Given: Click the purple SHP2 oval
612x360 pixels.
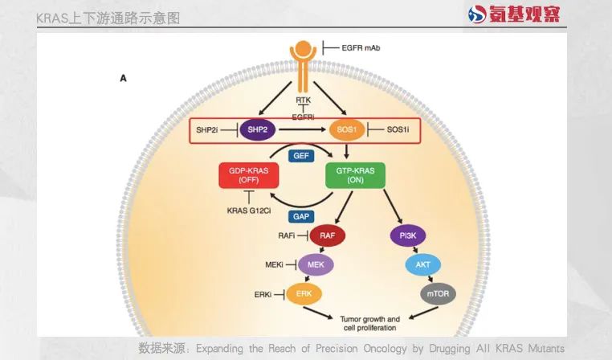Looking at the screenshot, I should tap(258, 129).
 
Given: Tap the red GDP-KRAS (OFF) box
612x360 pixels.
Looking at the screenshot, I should tap(248, 174).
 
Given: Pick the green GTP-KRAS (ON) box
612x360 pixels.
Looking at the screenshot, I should tap(354, 174).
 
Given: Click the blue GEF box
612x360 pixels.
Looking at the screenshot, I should tap(302, 154).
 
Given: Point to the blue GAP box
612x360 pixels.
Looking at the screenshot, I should tap(302, 216).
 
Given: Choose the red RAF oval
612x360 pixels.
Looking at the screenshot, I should tap(327, 235).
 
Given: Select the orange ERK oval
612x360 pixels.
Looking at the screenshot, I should tap(304, 294).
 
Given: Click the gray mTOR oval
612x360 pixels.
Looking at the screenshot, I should tap(438, 294).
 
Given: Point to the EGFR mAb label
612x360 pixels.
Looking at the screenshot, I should tap(361, 48).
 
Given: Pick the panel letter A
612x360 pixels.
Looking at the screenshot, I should tap(124, 78).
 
